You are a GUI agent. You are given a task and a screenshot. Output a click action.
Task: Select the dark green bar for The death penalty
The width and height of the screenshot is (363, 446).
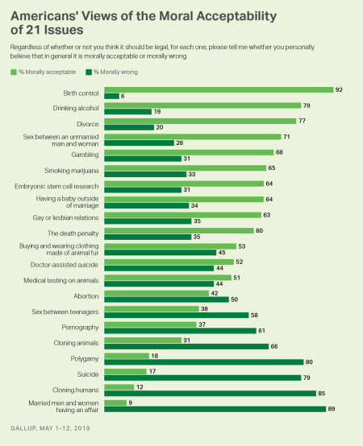[147, 237]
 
